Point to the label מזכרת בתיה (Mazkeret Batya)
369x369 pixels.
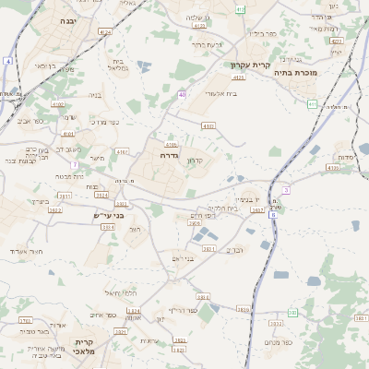tap(322, 72)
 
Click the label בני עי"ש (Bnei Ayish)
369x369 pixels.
tap(108, 216)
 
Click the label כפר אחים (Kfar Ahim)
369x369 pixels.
tap(104, 315)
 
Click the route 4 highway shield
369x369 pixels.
tap(6, 61)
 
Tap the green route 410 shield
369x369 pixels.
tap(240, 8)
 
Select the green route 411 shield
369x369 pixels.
tap(313, 104)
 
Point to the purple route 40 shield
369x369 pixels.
tap(183, 94)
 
